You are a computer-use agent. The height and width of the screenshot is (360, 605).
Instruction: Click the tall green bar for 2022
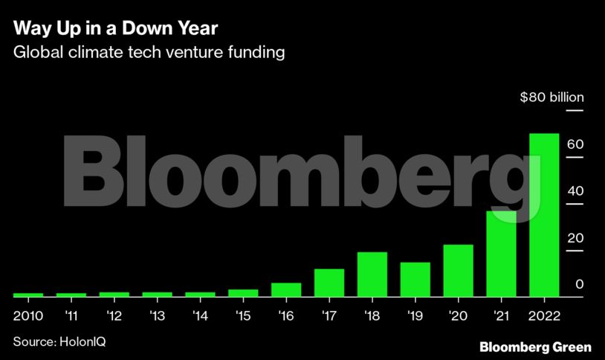tap(543, 215)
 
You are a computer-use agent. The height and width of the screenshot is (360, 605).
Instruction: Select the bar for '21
tap(501, 254)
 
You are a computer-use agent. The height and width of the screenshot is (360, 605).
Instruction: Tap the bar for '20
tap(458, 271)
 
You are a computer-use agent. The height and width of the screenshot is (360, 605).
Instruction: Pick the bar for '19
tap(415, 280)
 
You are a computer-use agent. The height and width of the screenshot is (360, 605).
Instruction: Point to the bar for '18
tap(372, 274)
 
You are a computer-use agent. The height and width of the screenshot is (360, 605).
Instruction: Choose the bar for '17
tap(329, 283)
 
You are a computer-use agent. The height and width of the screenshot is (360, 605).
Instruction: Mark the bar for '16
tap(285, 289)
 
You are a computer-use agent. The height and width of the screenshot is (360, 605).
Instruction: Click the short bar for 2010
tap(27, 295)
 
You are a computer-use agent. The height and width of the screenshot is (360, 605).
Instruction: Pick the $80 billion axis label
tap(551, 97)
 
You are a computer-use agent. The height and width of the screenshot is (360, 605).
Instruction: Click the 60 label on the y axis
tap(573, 144)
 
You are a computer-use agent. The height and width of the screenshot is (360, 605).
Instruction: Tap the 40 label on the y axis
tap(573, 191)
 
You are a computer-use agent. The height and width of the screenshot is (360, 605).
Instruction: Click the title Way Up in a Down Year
tap(115, 29)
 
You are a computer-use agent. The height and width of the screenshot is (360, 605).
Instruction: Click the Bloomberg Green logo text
tap(535, 346)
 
